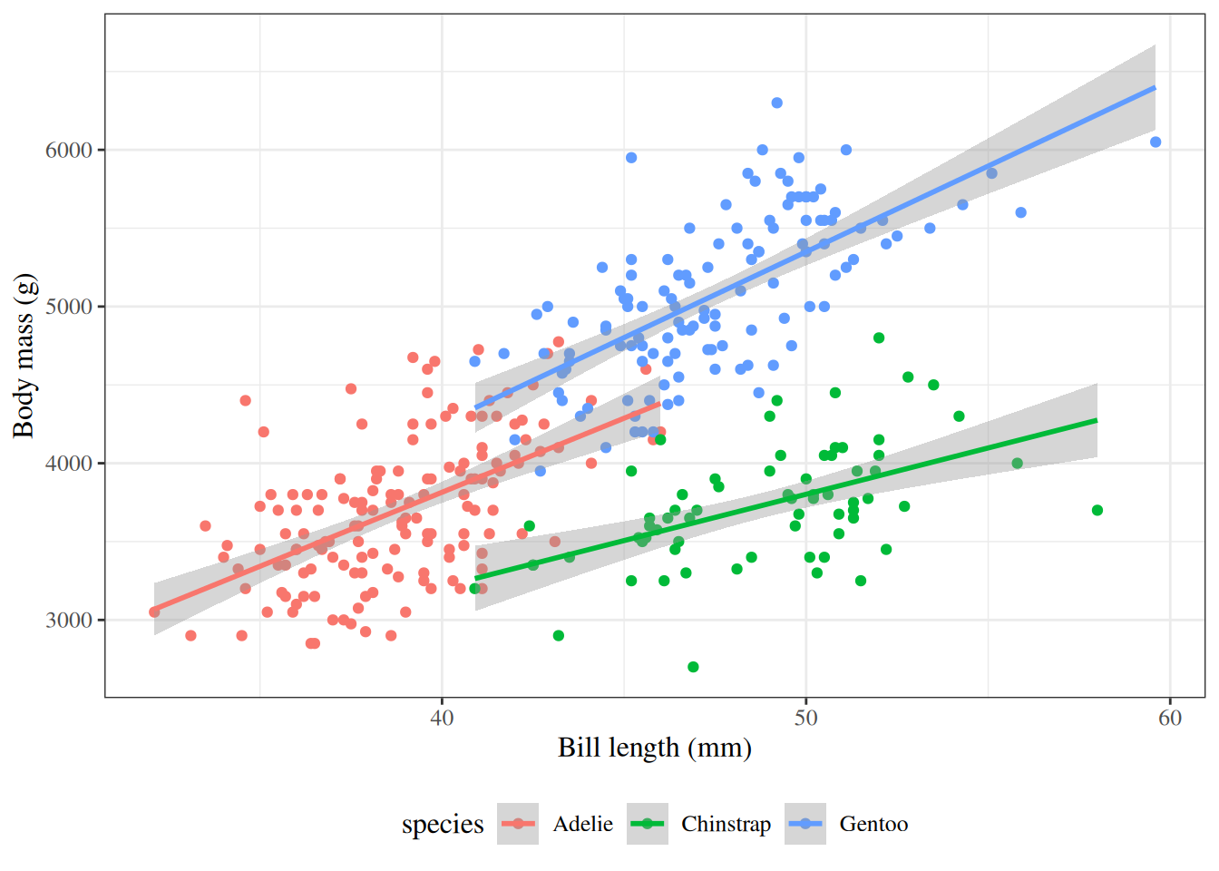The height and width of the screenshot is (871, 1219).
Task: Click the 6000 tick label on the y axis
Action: [69, 151]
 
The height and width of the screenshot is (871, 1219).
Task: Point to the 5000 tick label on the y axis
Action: [69, 307]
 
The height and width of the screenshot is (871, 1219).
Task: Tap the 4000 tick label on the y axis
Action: [69, 464]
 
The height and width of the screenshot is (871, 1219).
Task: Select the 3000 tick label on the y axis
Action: [69, 621]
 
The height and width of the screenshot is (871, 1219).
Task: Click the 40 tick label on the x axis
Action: [442, 719]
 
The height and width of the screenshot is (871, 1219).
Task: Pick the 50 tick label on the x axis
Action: [805, 719]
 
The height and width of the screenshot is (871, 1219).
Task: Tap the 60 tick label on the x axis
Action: [1170, 719]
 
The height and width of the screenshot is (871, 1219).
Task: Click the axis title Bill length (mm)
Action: [654, 748]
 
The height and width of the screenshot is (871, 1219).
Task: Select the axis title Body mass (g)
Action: [24, 356]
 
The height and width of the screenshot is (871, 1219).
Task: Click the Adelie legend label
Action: [583, 824]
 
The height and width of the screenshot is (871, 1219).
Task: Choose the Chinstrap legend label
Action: [726, 824]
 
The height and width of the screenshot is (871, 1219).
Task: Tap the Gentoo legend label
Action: [873, 824]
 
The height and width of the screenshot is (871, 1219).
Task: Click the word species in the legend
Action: [443, 824]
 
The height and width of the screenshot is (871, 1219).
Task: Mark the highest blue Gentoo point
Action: [776, 103]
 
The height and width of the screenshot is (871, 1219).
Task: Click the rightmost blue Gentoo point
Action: [1156, 142]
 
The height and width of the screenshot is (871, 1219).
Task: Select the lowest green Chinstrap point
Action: [693, 667]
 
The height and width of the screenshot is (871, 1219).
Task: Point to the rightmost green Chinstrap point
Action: [1097, 510]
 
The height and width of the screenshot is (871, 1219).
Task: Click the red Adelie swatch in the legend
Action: [518, 824]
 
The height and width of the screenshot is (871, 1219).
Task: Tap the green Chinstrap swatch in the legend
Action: [648, 824]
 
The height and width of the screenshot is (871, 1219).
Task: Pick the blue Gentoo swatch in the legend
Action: [805, 824]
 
